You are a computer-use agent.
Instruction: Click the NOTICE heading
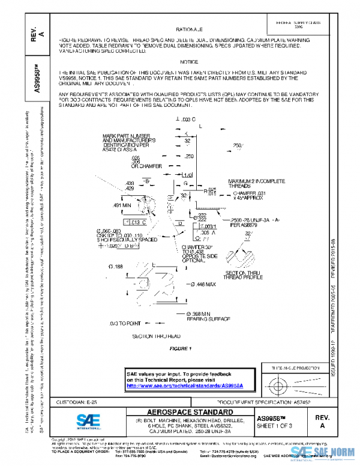point(189,62)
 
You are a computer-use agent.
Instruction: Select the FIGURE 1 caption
point(180,349)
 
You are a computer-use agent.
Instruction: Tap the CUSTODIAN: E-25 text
point(78,401)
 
